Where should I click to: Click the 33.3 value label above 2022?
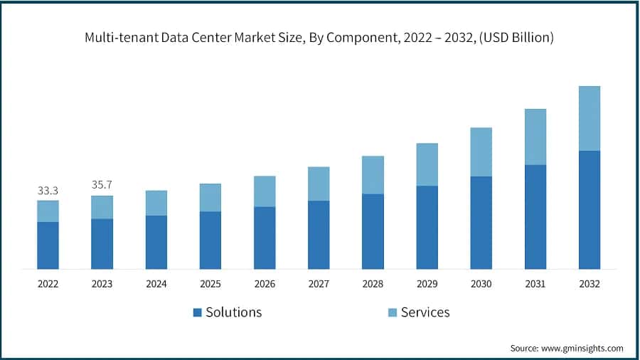point(48,191)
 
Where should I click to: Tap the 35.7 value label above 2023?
point(102,185)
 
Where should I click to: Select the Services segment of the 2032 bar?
point(589,118)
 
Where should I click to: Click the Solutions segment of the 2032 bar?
point(589,210)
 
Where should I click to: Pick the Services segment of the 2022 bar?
point(48,211)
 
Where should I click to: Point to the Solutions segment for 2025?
point(210,240)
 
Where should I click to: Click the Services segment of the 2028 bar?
point(373,175)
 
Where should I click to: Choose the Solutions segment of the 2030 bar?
point(481,223)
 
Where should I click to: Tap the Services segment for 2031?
point(535,137)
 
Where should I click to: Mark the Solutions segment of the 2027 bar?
point(319,235)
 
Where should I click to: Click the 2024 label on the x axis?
point(156,284)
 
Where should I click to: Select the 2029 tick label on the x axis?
point(427,284)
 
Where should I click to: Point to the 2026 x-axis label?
point(265,284)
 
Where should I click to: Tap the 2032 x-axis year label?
point(589,284)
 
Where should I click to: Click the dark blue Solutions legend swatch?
point(197,312)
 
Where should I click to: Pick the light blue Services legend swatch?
point(392,312)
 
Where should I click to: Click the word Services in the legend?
point(425,312)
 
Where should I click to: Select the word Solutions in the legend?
point(234,312)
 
